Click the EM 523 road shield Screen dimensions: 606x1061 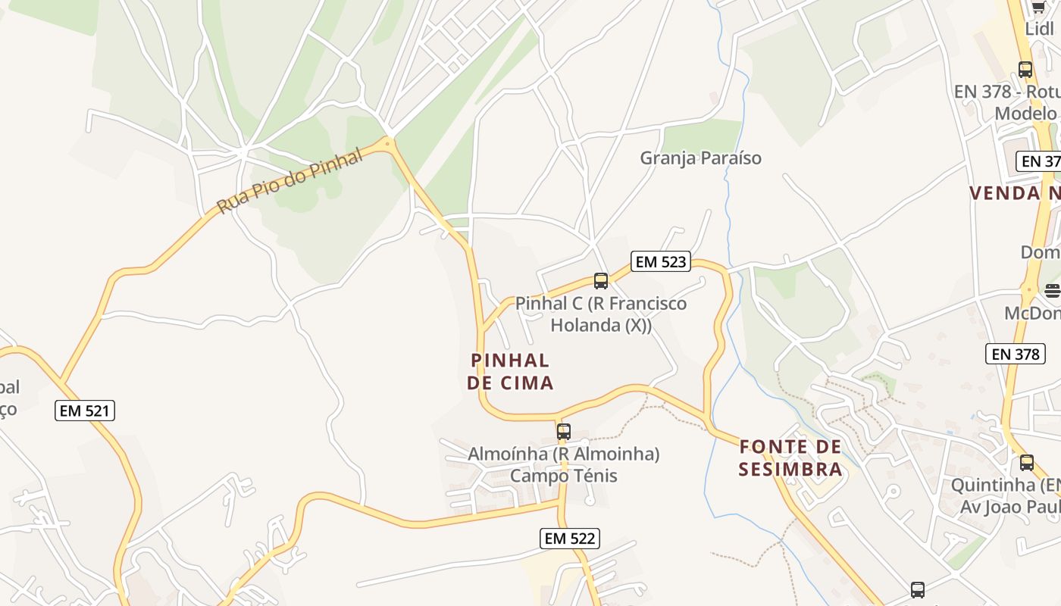click(661, 262)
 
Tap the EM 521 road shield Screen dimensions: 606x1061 click(85, 411)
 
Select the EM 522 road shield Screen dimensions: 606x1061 click(570, 539)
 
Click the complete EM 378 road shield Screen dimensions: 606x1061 click(1015, 354)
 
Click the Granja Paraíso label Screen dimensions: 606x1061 click(700, 158)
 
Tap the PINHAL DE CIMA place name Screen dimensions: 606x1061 click(510, 371)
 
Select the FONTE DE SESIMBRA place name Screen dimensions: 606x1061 click(790, 458)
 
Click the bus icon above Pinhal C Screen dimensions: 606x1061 click(601, 281)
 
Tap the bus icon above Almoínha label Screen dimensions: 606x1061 click(564, 432)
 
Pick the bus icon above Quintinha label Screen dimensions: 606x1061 click(1026, 462)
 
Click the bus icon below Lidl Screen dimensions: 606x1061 click(1025, 70)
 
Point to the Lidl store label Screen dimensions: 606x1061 click(1039, 29)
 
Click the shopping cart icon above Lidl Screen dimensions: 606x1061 click(1038, 8)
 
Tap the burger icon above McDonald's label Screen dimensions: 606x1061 click(1052, 290)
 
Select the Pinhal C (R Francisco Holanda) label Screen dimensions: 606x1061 click(601, 314)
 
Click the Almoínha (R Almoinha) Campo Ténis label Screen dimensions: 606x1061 click(564, 464)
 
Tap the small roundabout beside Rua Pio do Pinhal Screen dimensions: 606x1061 click(388, 142)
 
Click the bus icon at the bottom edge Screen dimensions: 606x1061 click(918, 589)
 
